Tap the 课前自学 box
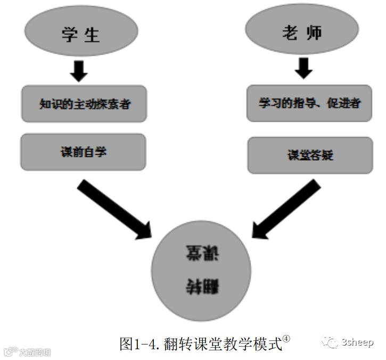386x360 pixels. [x=83, y=152]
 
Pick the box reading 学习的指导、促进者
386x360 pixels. [x=309, y=103]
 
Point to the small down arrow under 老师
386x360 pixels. [x=303, y=67]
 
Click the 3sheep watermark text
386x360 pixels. [x=358, y=342]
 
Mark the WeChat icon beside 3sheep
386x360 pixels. [x=332, y=342]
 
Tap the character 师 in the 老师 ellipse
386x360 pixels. [x=315, y=32]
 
